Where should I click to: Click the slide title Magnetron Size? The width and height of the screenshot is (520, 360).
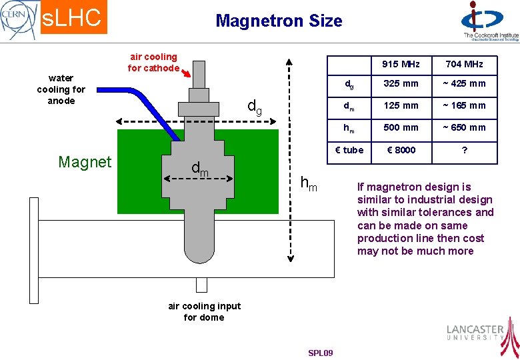(x=279, y=21)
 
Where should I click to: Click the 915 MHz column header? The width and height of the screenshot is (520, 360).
(x=401, y=64)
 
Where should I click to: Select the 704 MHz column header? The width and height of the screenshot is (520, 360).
(x=464, y=64)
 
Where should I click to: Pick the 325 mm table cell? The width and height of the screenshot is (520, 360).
(x=401, y=84)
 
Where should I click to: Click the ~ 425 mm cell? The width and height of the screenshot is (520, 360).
(x=464, y=84)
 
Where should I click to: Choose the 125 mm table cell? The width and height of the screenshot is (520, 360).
(x=401, y=105)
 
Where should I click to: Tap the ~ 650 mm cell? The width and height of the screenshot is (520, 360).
(x=464, y=127)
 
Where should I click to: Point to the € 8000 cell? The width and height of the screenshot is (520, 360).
(x=401, y=150)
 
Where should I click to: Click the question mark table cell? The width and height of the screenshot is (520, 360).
(x=464, y=150)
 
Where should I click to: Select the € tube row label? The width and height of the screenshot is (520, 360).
(x=349, y=150)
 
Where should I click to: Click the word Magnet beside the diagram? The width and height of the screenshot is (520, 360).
(x=85, y=162)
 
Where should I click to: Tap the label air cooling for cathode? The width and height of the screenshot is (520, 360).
(x=153, y=63)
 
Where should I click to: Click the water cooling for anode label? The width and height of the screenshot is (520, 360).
(x=61, y=89)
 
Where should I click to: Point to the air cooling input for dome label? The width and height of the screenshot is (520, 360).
(x=204, y=311)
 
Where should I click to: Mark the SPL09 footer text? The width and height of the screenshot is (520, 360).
(x=321, y=353)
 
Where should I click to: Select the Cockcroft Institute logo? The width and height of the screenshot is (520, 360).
(x=489, y=21)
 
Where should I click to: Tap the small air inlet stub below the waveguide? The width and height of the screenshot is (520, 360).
(x=201, y=285)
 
